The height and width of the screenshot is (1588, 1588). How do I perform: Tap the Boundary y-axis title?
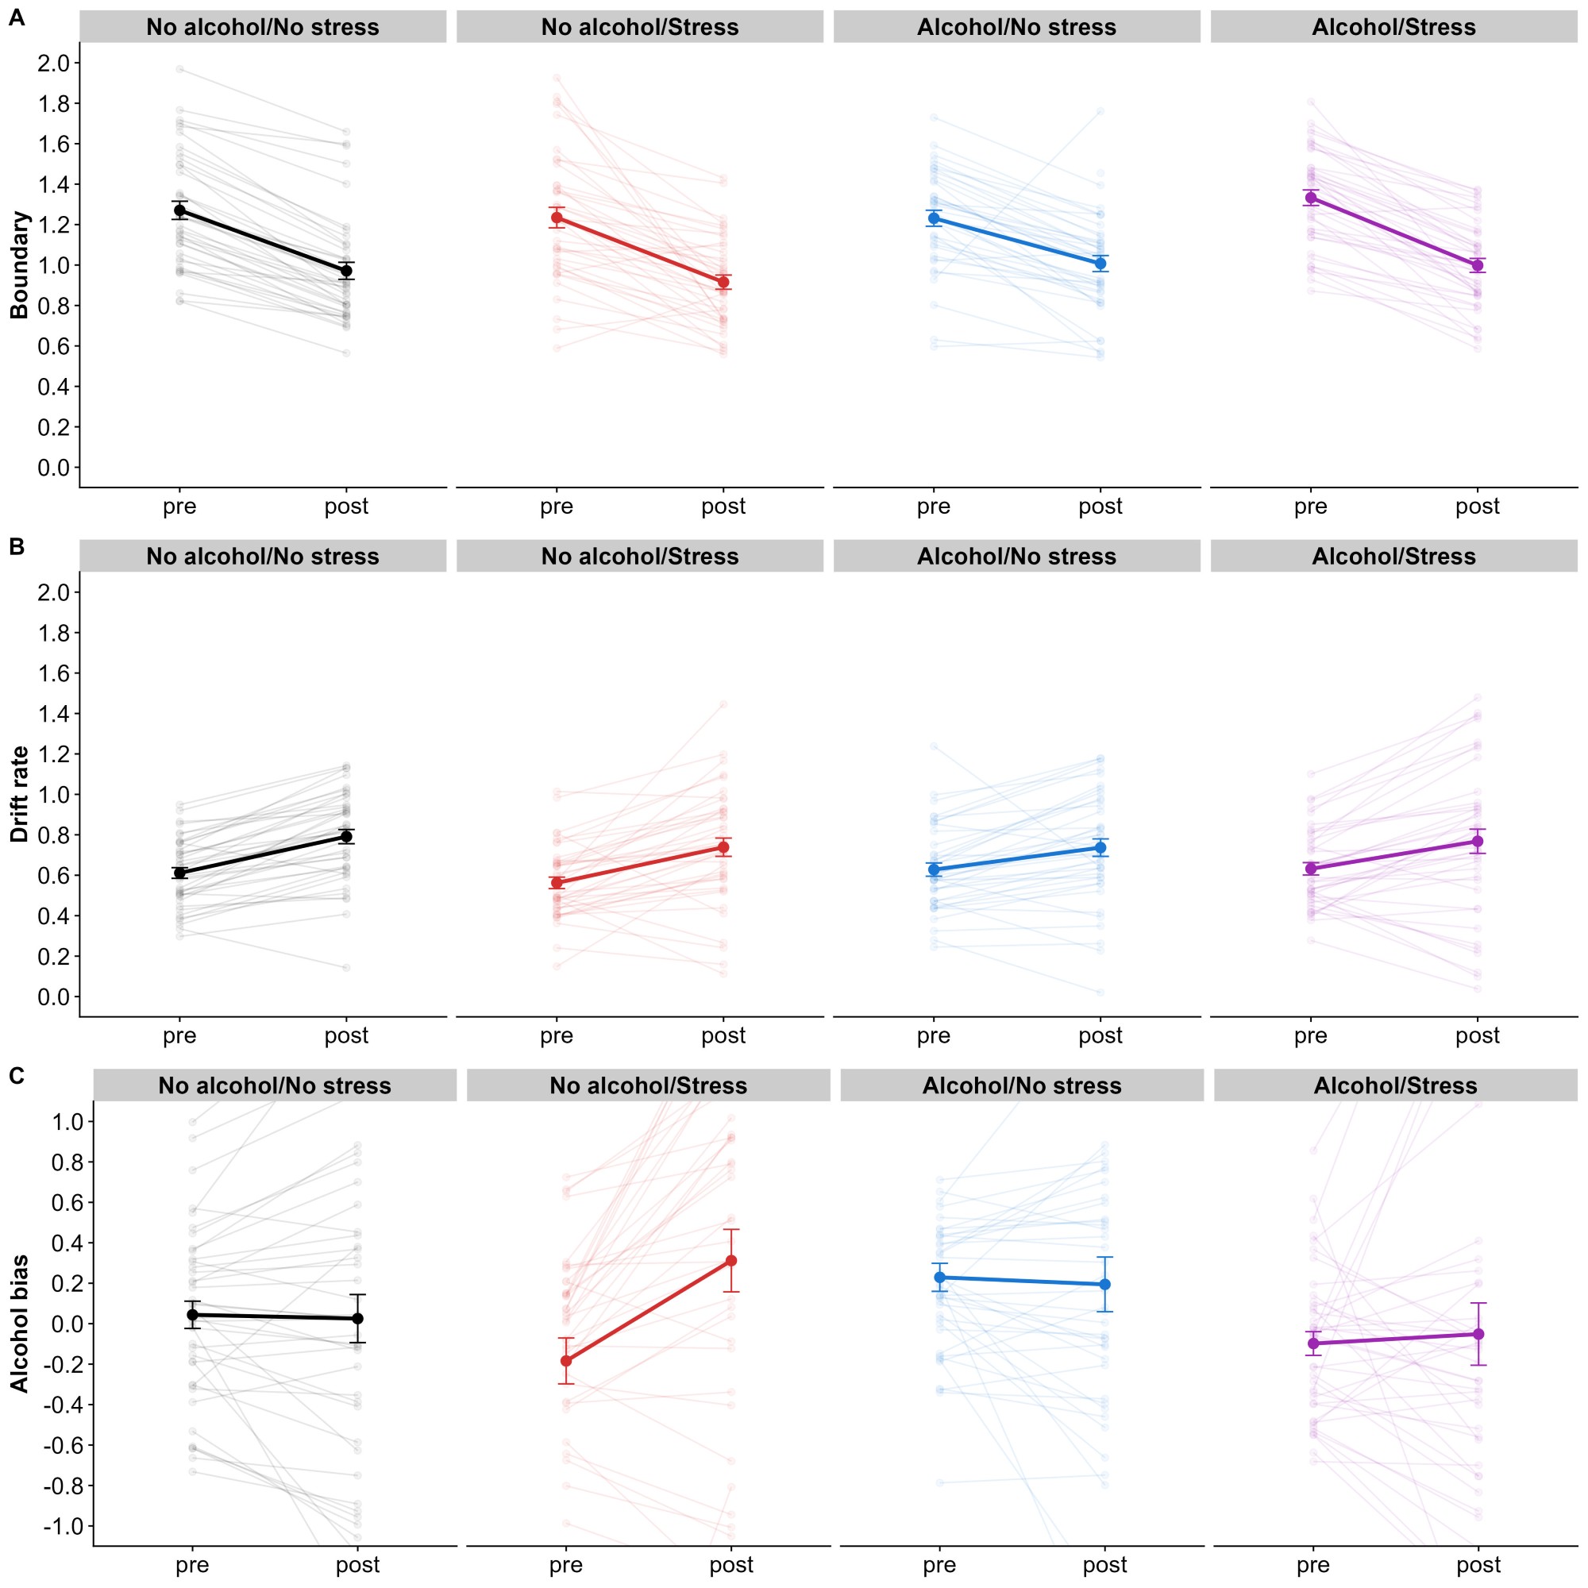(x=19, y=264)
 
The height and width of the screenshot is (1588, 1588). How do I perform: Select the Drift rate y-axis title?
(x=19, y=794)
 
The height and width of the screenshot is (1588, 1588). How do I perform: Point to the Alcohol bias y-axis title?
(x=19, y=1324)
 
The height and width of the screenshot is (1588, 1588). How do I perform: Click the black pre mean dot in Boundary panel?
(x=180, y=210)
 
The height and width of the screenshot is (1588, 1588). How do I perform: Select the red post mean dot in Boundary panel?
(x=723, y=282)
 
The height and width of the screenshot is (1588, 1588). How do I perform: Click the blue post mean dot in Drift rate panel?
(x=1100, y=847)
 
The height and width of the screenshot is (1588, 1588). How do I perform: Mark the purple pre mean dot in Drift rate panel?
(x=1311, y=868)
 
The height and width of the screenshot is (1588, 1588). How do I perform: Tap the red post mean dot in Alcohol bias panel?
(x=731, y=1261)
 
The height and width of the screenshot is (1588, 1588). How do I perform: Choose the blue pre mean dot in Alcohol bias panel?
(x=939, y=1278)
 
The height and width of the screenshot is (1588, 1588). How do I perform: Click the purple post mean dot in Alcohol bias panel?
(x=1478, y=1334)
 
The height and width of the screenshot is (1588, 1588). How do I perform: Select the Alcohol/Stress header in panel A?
(x=1393, y=27)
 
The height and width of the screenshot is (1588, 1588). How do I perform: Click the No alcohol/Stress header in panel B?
(x=639, y=557)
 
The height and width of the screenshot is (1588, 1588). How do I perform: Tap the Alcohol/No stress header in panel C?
(x=1022, y=1085)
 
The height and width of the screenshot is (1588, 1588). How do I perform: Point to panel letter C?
(x=17, y=1075)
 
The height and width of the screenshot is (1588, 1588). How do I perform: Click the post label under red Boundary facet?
(x=723, y=507)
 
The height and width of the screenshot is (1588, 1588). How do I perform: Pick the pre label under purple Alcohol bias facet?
(x=1312, y=1565)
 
